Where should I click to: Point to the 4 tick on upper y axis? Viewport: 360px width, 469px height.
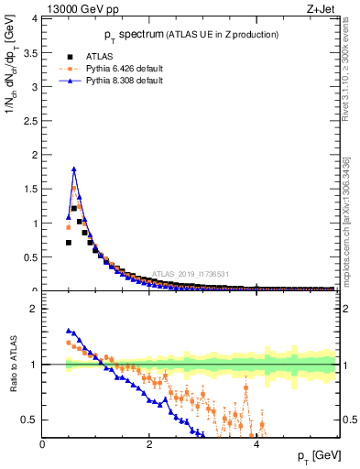[35, 19]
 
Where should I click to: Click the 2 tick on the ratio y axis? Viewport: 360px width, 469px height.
[35, 310]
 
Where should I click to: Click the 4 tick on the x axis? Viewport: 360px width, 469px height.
[256, 444]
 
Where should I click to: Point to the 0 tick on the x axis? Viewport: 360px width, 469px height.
[43, 444]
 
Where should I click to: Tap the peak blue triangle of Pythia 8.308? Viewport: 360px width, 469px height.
[74, 169]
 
